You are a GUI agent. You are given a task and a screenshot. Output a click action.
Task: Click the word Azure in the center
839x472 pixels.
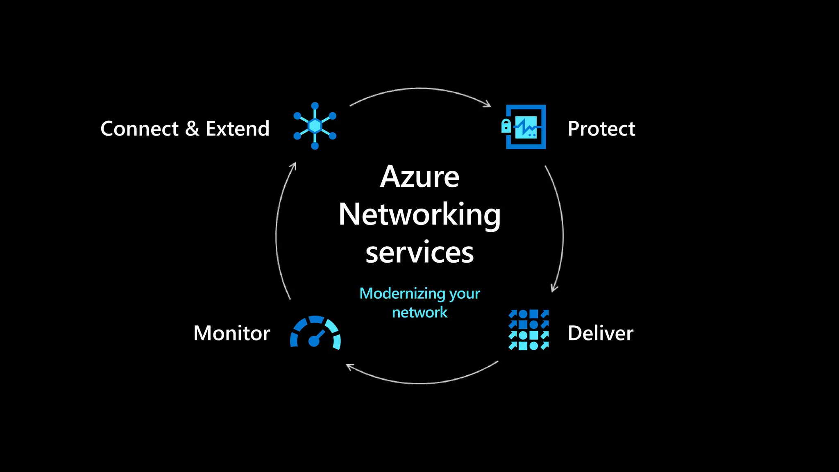419,177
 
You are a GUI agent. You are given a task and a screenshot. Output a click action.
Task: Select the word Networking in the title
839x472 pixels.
419,215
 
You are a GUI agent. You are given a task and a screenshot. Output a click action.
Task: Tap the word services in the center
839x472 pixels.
419,252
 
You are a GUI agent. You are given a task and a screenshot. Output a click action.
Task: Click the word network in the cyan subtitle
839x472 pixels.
419,313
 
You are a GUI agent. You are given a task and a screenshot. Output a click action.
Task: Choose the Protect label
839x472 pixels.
601,129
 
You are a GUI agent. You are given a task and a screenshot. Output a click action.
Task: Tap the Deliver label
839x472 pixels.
600,333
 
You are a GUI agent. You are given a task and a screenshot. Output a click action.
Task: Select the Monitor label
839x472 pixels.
231,333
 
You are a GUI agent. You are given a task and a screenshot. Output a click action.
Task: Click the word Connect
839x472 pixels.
139,129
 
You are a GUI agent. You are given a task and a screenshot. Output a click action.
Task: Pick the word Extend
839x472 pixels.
238,129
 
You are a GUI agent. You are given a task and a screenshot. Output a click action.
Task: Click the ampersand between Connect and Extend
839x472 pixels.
192,129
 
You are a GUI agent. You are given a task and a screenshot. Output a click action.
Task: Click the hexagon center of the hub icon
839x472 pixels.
315,126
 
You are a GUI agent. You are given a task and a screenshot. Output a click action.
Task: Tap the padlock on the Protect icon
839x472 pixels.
506,126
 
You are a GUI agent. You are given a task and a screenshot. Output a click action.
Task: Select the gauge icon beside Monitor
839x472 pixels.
315,332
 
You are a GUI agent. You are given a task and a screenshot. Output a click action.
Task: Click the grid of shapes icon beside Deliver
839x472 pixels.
528,330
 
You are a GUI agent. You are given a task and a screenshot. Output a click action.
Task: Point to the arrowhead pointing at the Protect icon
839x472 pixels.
488,104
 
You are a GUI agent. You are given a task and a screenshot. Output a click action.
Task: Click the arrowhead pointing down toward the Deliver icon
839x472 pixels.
554,288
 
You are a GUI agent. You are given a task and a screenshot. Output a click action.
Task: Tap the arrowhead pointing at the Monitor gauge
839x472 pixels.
349,366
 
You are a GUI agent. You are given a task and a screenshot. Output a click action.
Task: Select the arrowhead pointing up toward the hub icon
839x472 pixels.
293,166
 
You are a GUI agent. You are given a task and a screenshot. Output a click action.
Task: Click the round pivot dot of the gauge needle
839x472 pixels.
314,341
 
